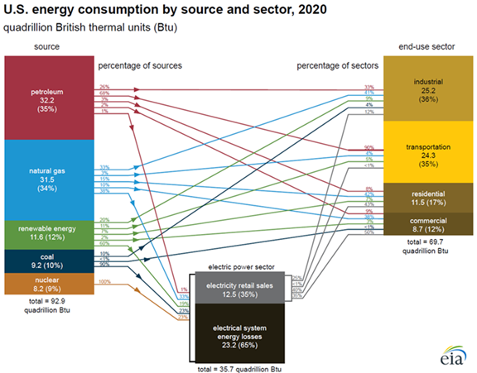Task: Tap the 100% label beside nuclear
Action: point(105,283)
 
